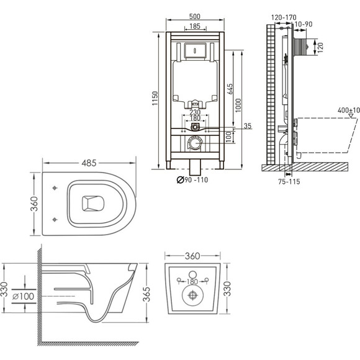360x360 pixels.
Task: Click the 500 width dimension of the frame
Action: coord(195,17)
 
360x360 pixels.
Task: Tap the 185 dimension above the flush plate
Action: coord(195,26)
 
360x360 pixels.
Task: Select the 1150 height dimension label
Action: coord(155,99)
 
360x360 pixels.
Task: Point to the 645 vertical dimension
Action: coord(230,89)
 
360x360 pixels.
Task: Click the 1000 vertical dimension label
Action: coord(238,106)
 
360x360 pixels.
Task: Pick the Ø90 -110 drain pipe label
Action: coord(192,180)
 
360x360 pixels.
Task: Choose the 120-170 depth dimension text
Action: coord(284,17)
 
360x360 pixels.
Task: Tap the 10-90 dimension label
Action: coord(304,24)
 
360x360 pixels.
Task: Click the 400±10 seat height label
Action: coord(349,110)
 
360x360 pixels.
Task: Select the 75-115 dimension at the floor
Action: coord(289,182)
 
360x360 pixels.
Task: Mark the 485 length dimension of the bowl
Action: coord(89,163)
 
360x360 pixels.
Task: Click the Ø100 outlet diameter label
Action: coord(23,297)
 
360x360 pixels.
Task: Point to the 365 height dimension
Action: coord(146,294)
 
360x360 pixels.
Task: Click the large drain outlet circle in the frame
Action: coord(195,143)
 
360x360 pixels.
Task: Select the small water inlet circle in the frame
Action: coord(195,127)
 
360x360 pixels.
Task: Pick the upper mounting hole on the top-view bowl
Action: coord(55,188)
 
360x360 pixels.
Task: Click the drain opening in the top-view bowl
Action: coord(93,203)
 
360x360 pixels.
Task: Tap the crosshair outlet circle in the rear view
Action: coord(192,295)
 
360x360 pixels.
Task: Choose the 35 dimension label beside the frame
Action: coord(248,126)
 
